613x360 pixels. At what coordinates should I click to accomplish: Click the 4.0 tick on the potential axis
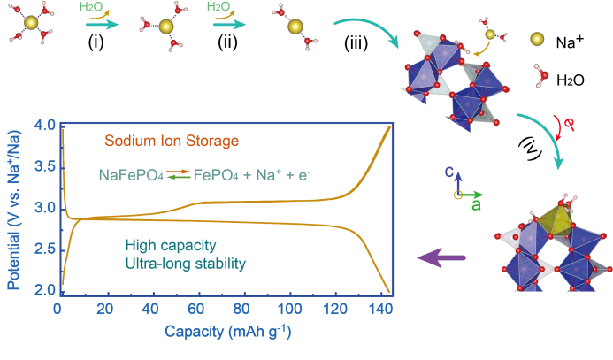(44, 125)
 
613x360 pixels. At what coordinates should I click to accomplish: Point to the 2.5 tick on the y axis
(44, 249)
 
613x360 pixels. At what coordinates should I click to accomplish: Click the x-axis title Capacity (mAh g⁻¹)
(228, 333)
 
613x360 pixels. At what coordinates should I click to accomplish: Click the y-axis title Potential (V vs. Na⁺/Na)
(12, 209)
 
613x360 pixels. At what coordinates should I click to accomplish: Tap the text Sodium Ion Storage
(172, 141)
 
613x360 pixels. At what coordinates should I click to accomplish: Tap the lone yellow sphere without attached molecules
(537, 39)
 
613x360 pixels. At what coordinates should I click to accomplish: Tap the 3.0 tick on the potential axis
(44, 208)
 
